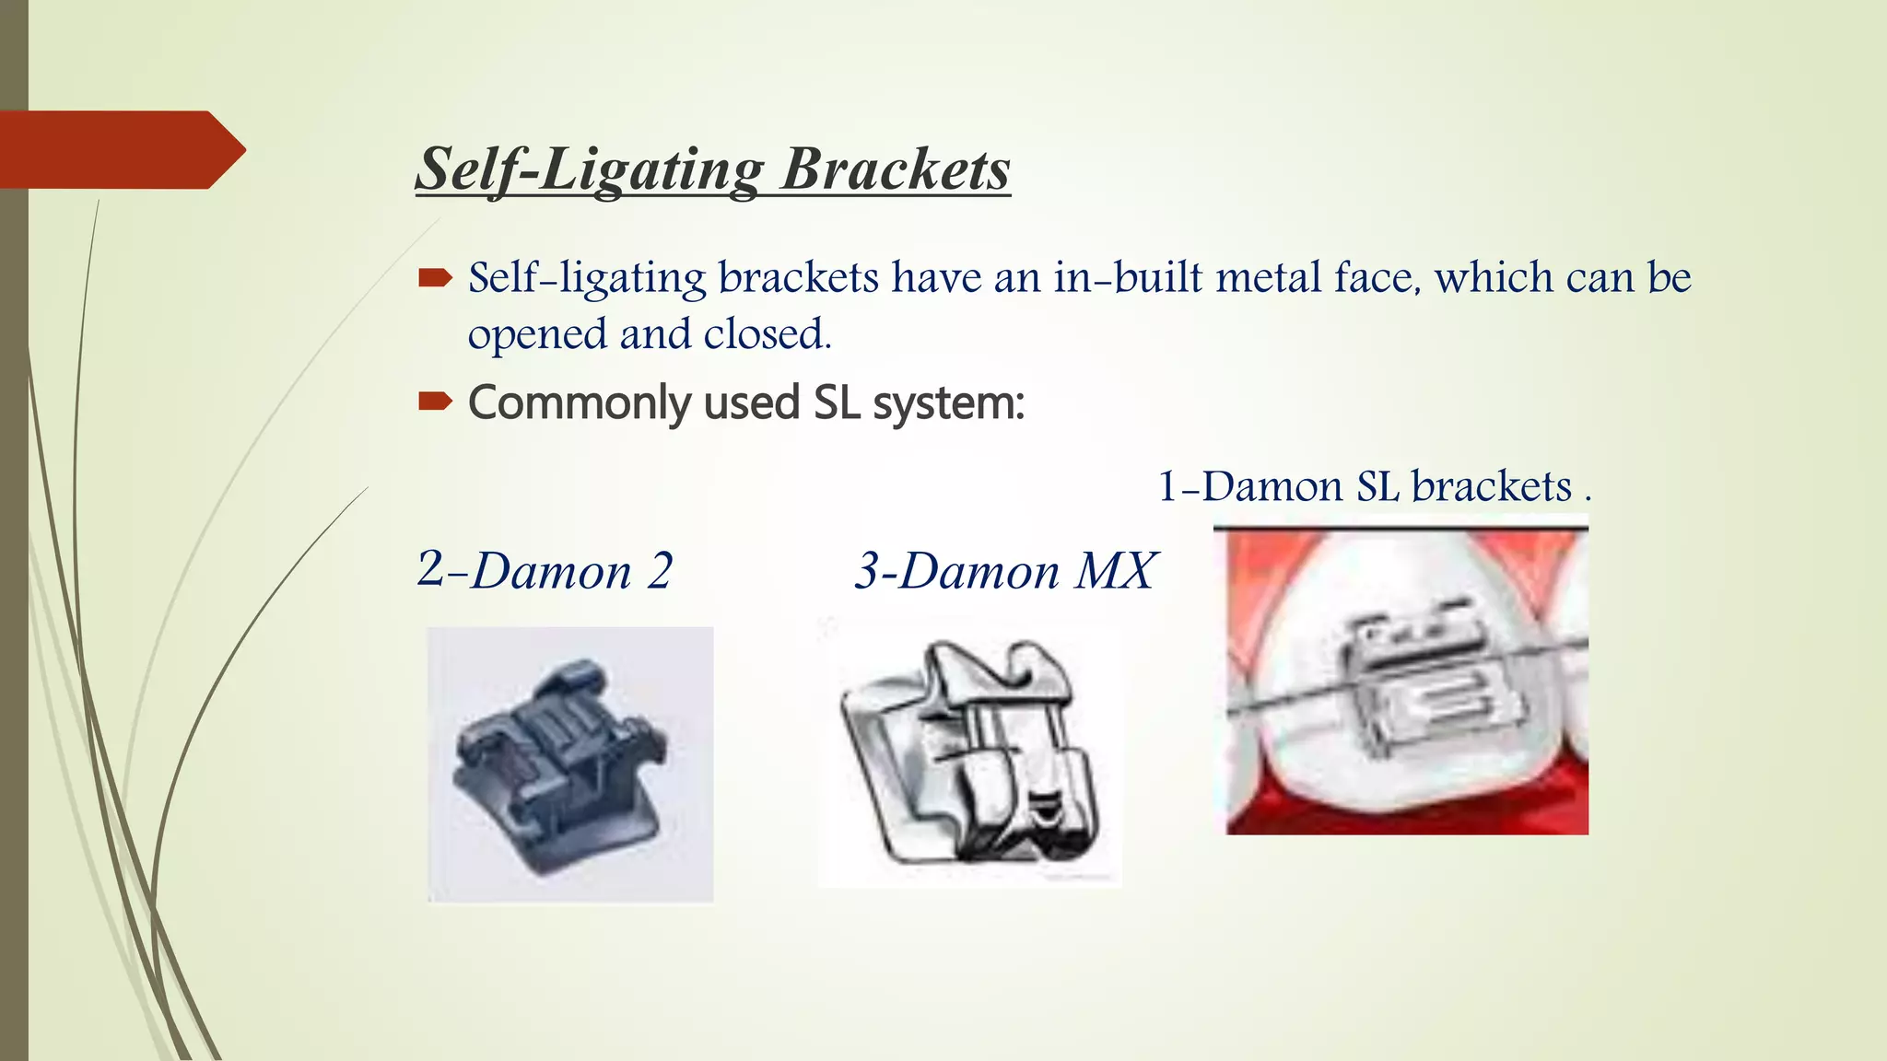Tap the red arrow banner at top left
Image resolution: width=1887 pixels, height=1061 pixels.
pos(120,149)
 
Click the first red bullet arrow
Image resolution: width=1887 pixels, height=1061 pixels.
pos(435,277)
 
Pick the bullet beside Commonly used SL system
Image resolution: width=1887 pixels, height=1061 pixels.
pos(435,401)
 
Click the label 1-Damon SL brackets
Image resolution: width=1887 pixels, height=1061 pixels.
pos(1373,486)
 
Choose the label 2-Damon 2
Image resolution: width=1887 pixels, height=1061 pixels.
pos(545,570)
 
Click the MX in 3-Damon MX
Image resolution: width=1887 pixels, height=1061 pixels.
pos(1116,571)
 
